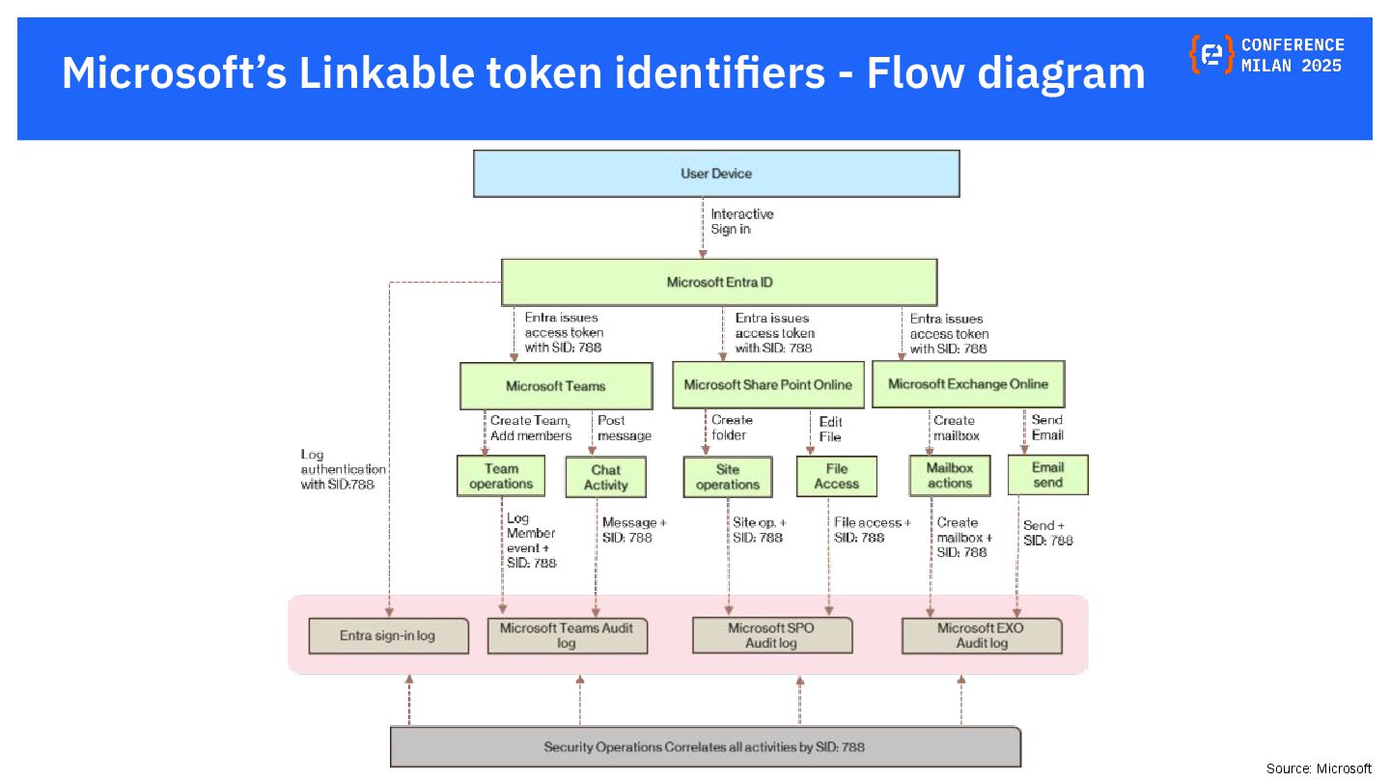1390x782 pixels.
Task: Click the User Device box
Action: [x=716, y=174]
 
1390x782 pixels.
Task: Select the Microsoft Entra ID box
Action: [x=719, y=282]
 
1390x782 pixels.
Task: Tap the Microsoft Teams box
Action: [x=555, y=385]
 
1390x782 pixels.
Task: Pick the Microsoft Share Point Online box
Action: [x=767, y=384]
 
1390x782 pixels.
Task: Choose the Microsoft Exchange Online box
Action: [x=967, y=383]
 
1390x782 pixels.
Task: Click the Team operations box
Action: [x=501, y=476]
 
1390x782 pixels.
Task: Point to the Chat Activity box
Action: [x=605, y=478]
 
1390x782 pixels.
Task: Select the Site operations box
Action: [x=728, y=477]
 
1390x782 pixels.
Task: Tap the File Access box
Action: [x=836, y=476]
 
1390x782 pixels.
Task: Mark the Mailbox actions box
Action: [x=950, y=475]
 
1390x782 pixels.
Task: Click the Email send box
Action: [x=1047, y=475]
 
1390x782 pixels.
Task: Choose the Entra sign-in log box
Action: [x=388, y=636]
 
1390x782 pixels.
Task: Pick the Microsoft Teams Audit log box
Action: [x=567, y=635]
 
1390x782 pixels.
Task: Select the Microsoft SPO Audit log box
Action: [x=772, y=634]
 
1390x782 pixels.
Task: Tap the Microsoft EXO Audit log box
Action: [x=981, y=635]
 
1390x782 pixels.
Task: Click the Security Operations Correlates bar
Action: [x=705, y=747]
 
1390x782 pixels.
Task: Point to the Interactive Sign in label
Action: [x=741, y=221]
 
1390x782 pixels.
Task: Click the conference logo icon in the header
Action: [x=1211, y=55]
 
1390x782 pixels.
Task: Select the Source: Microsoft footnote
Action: [x=1319, y=768]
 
